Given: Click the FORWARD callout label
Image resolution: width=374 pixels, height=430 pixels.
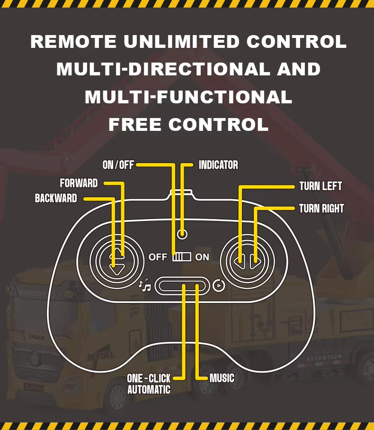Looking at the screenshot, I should pyautogui.click(x=79, y=183).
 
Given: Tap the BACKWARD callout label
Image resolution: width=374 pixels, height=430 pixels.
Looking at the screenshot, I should pyautogui.click(x=56, y=198).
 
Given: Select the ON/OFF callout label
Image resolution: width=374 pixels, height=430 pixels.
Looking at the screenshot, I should pyautogui.click(x=118, y=165).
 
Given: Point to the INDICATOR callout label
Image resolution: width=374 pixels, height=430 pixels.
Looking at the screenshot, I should pyautogui.click(x=218, y=165).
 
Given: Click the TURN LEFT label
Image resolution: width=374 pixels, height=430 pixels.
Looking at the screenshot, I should pyautogui.click(x=321, y=186).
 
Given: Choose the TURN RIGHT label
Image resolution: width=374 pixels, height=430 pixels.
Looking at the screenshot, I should pyautogui.click(x=321, y=209).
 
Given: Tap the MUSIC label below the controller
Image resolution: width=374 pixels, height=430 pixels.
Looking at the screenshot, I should pyautogui.click(x=222, y=378).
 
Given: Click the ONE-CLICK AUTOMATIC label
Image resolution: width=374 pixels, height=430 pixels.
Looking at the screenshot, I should pyautogui.click(x=149, y=384).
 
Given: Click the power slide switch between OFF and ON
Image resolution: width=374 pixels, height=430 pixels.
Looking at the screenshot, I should pyautogui.click(x=182, y=257).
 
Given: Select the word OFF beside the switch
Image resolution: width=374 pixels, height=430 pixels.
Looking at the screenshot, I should pyautogui.click(x=158, y=257).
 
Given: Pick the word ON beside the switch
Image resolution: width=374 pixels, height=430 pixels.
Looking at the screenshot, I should pyautogui.click(x=202, y=257).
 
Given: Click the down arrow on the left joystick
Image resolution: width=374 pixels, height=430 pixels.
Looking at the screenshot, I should pyautogui.click(x=116, y=269).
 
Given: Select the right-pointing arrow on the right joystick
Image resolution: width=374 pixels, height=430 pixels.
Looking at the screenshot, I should pyautogui.click(x=256, y=260).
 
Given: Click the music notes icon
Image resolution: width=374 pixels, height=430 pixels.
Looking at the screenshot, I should pyautogui.click(x=144, y=285).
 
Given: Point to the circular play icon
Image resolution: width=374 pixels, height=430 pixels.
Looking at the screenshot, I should pyautogui.click(x=218, y=285).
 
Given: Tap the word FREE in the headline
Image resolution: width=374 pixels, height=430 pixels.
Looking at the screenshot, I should pyautogui.click(x=135, y=124).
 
